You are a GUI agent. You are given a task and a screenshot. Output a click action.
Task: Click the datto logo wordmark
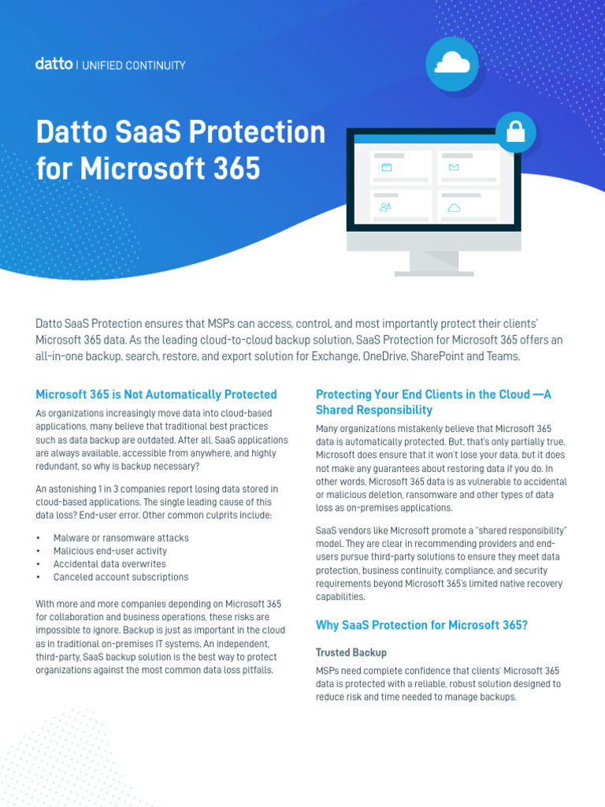pos(54,64)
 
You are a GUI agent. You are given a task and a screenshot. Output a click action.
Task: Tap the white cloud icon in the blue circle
pos(452,62)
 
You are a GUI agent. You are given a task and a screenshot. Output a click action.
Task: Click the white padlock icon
pos(515,132)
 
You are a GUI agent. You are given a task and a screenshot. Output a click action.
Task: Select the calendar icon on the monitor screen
pos(387,167)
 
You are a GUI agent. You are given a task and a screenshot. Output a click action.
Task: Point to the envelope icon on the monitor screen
pos(454,167)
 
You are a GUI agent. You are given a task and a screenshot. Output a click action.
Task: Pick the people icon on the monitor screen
pos(385,207)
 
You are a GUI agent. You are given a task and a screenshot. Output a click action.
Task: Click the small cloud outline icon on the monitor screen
pos(454,207)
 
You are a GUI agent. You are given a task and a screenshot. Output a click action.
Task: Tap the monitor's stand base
pos(434,273)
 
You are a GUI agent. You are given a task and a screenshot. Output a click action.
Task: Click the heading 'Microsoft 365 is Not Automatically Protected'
pos(157,394)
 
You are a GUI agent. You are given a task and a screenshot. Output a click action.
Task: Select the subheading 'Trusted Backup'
pos(351,652)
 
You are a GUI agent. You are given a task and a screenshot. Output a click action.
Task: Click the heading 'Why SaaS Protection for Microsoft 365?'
pos(422,625)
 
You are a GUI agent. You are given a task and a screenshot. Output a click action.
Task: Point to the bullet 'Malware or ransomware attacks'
pos(121,537)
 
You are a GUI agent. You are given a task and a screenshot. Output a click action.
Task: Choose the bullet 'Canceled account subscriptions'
pos(121,577)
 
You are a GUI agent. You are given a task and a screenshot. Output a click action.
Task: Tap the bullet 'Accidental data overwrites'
pos(109,564)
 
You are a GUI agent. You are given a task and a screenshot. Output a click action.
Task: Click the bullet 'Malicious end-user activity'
pos(110,551)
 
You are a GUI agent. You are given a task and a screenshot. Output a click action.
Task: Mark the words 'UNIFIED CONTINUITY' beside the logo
pos(134,65)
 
